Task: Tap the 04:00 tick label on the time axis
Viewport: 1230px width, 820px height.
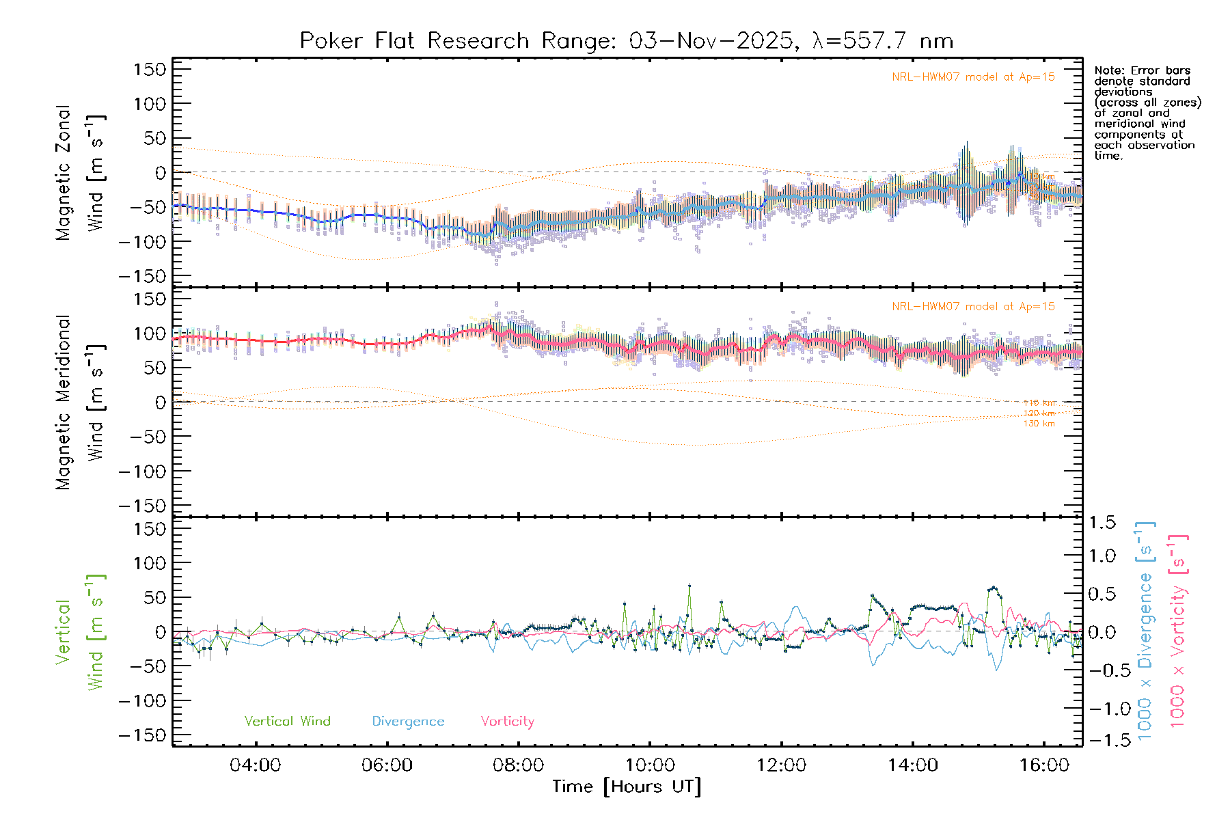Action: (255, 765)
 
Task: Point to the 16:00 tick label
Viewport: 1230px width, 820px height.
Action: (1044, 765)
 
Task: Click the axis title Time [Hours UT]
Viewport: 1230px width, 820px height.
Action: (627, 787)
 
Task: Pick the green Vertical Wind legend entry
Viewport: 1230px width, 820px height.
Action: (287, 722)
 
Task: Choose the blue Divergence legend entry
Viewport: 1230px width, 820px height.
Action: (408, 722)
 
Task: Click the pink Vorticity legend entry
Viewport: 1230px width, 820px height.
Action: (507, 722)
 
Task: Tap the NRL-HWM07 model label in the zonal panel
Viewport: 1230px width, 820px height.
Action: (973, 77)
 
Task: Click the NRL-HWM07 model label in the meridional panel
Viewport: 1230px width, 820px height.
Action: (973, 307)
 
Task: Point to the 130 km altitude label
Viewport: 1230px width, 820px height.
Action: (1039, 424)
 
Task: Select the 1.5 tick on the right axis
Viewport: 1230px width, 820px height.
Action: (1102, 523)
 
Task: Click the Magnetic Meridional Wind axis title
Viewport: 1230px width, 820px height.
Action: (81, 402)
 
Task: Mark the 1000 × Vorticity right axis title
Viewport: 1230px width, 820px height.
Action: (1178, 631)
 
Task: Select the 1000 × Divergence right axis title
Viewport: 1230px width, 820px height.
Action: (1145, 631)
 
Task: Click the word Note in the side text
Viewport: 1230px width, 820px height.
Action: (1107, 71)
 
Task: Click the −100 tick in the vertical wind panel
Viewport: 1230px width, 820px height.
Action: (142, 701)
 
